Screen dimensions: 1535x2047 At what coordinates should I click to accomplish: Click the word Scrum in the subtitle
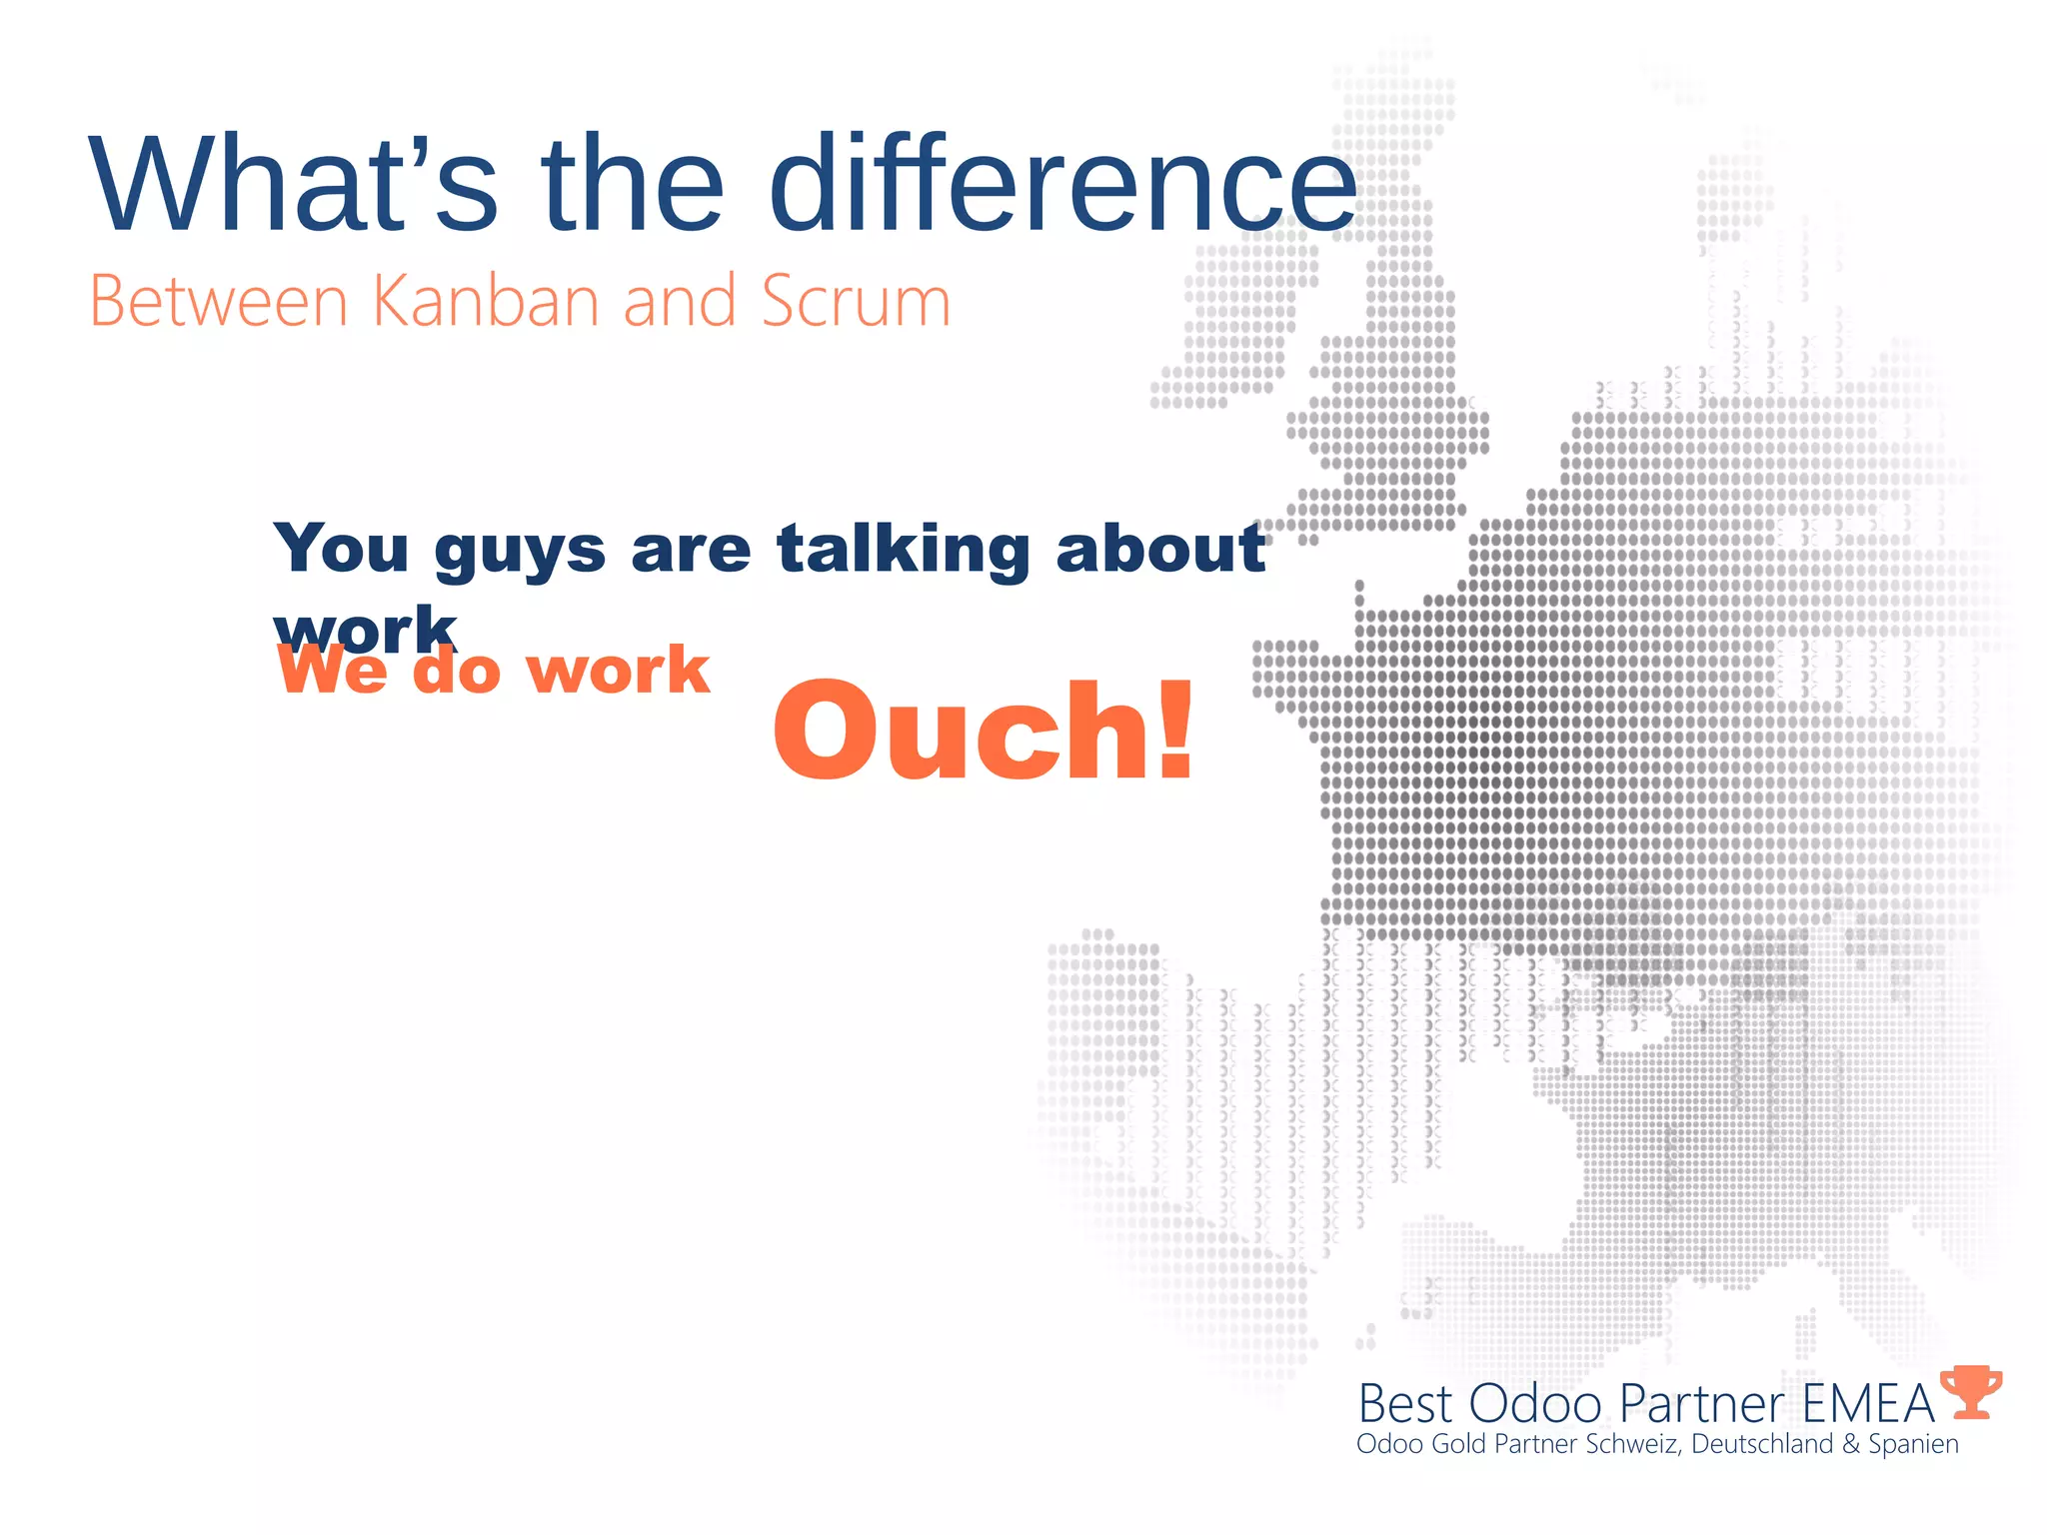coord(855,301)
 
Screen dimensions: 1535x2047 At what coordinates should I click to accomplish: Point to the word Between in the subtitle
coord(219,301)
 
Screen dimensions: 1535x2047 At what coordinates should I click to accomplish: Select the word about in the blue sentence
coord(1160,550)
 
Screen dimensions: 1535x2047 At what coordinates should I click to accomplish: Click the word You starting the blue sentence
coord(342,550)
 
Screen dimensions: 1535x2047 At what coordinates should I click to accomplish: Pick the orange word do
coord(456,670)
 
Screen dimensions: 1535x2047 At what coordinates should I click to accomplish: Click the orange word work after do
coord(618,670)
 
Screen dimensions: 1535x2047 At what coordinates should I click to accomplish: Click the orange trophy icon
coord(1970,1392)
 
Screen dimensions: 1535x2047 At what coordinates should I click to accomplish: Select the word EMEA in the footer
coord(1868,1404)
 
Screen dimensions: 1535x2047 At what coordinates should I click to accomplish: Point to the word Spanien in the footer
coord(1913,1445)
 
